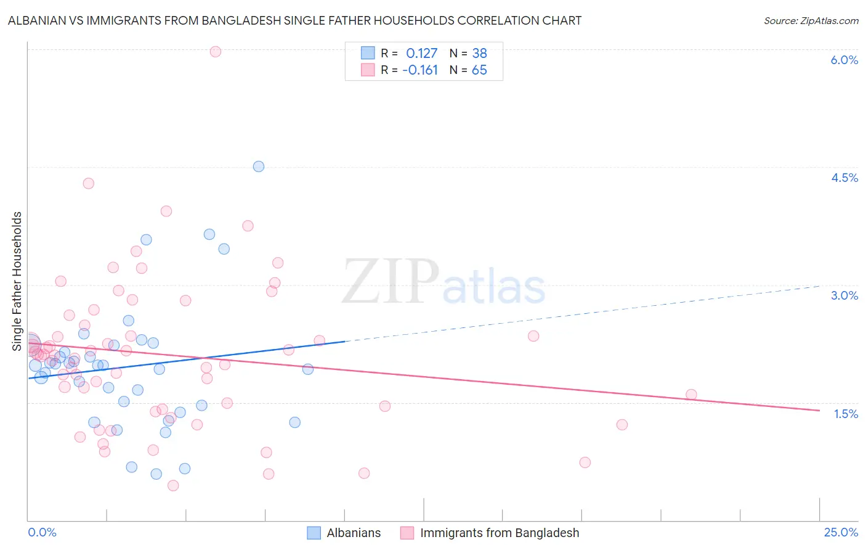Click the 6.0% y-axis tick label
[x=844, y=60]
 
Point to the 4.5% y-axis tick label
[x=844, y=178]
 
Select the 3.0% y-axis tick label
[x=844, y=295]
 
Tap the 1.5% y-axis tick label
[x=846, y=414]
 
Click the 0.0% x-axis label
[x=42, y=532]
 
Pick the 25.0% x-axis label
[x=841, y=532]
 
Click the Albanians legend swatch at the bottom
[x=314, y=533]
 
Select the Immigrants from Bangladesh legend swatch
[x=407, y=533]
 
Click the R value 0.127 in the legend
[x=421, y=54]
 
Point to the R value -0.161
[x=420, y=70]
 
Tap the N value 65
[x=479, y=70]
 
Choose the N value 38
[x=479, y=54]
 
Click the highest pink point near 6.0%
[x=216, y=51]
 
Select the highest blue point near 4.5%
[x=259, y=166]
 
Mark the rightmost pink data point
[x=691, y=395]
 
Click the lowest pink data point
[x=173, y=485]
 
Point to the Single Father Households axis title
[x=17, y=281]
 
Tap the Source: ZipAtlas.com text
[x=811, y=21]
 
